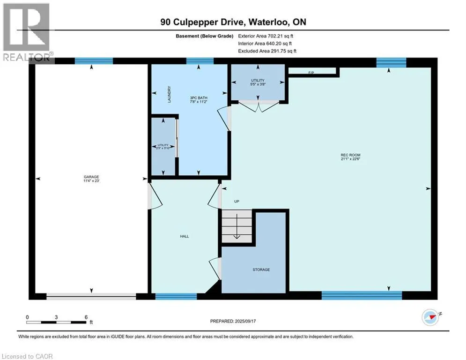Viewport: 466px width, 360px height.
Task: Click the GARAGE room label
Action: pyautogui.click(x=91, y=176)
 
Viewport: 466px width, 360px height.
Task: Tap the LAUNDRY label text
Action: pyautogui.click(x=170, y=94)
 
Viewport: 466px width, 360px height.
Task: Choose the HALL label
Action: pyautogui.click(x=185, y=236)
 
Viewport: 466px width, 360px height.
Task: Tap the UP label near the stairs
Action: pyautogui.click(x=237, y=201)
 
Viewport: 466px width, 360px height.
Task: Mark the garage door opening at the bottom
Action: pyautogui.click(x=91, y=296)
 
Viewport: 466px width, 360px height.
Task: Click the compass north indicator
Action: pyautogui.click(x=429, y=317)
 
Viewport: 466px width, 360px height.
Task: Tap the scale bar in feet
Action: pyautogui.click(x=57, y=322)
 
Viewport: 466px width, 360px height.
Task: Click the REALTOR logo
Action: pyautogui.click(x=27, y=32)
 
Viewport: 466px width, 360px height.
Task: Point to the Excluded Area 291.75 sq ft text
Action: pyautogui.click(x=267, y=51)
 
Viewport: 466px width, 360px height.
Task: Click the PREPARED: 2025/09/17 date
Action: pyautogui.click(x=234, y=321)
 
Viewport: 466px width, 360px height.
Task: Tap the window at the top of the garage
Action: pyautogui.click(x=94, y=60)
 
